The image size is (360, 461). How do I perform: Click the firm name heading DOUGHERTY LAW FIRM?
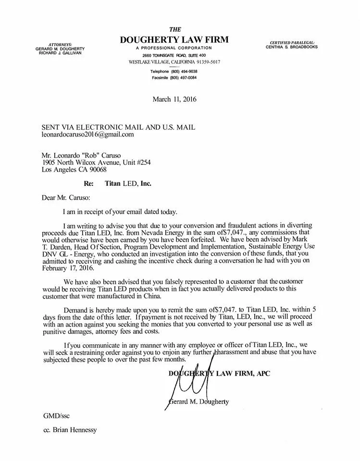(174, 39)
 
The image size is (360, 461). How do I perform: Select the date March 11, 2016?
(174, 99)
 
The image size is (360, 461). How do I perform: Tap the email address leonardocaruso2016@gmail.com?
(87, 135)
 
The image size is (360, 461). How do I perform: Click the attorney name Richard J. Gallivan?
(60, 52)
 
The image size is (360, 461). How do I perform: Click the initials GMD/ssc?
(53, 416)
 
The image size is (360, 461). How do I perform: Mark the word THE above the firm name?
(174, 29)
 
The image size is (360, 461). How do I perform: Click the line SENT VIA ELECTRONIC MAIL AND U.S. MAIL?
(118, 127)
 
